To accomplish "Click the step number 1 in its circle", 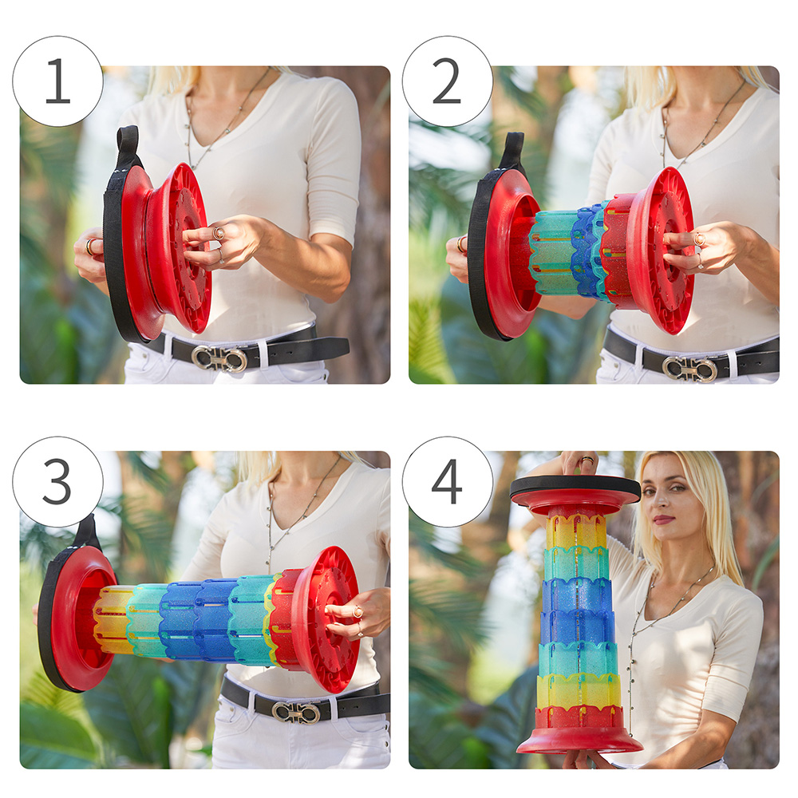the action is (x=57, y=81).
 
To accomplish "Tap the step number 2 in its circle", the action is (x=446, y=81).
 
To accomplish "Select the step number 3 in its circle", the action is (x=57, y=481).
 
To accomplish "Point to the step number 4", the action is (x=447, y=481).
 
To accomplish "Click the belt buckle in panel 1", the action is (x=219, y=358).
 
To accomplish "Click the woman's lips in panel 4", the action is (x=663, y=519).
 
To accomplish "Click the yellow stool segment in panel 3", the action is (x=111, y=620).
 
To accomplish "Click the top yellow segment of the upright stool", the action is (x=576, y=531).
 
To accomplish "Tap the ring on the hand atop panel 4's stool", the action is (x=587, y=460).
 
